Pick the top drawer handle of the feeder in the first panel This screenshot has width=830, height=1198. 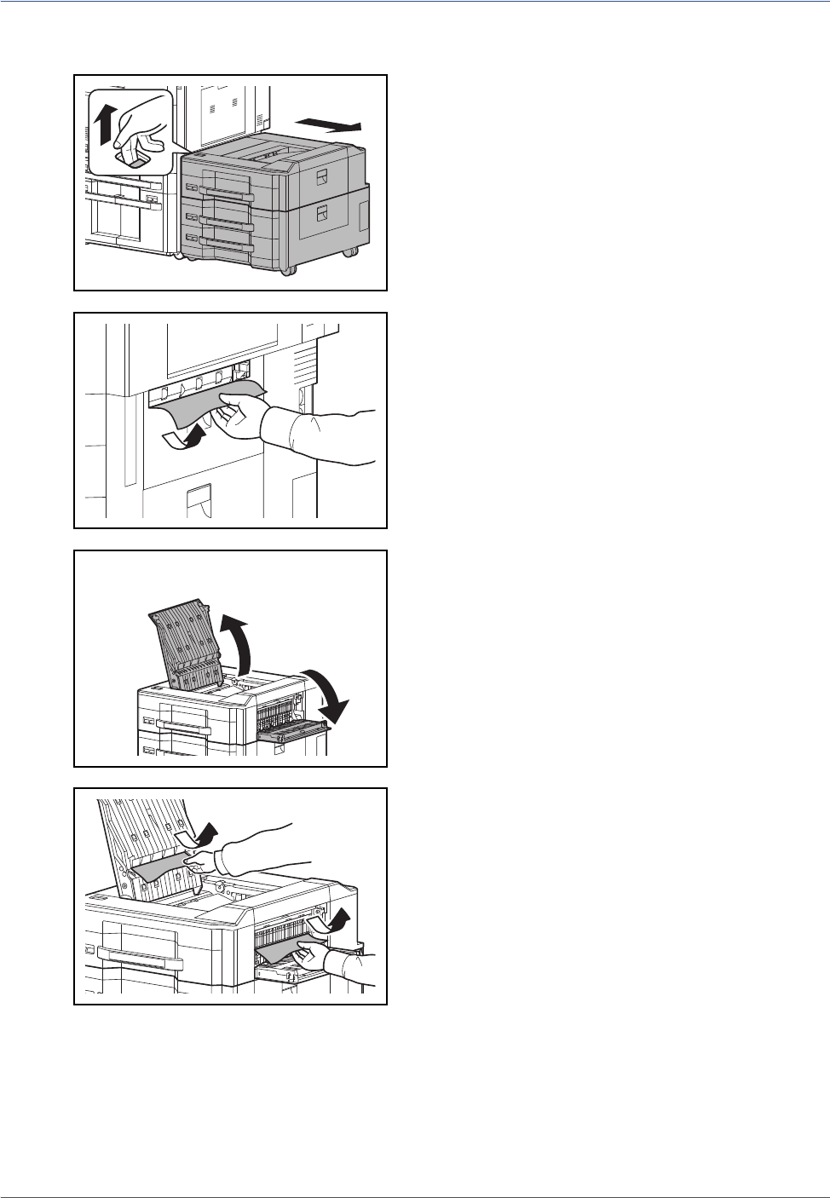(x=224, y=195)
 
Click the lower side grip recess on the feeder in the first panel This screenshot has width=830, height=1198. (x=322, y=213)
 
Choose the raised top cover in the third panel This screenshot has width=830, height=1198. (x=181, y=639)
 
